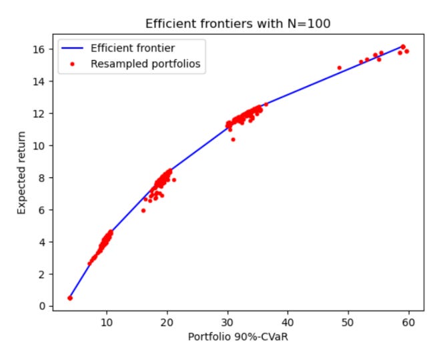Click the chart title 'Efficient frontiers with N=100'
(238, 24)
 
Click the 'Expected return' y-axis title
(21, 173)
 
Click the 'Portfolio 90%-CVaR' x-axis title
(238, 337)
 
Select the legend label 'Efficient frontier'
(133, 48)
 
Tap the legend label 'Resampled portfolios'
(145, 64)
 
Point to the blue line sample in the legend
(72, 49)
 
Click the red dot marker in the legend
(72, 64)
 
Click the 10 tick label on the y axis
(39, 146)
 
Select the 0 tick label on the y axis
(42, 306)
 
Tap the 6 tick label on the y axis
(42, 210)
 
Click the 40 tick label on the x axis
(288, 323)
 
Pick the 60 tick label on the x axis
(409, 323)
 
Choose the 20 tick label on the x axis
(167, 323)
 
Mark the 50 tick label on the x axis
(348, 323)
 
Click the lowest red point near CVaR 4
(70, 298)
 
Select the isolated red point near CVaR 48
(340, 68)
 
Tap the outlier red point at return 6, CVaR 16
(143, 211)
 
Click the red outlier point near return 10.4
(234, 139)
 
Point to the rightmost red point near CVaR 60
(407, 51)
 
